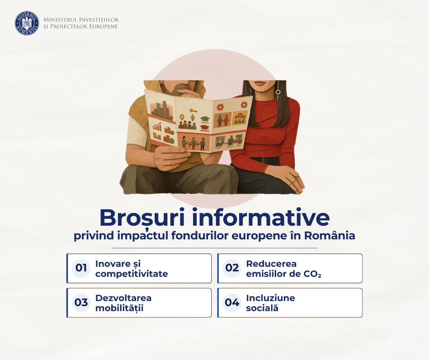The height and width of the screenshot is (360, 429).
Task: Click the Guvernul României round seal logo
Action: coord(27,23)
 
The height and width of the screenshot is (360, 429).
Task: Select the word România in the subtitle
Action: coord(330,235)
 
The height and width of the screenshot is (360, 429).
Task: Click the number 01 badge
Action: coord(81,268)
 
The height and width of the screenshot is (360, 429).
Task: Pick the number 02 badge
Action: coord(232,268)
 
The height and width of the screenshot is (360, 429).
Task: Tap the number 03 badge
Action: coord(81,302)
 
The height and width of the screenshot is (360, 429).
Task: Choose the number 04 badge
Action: coord(232,302)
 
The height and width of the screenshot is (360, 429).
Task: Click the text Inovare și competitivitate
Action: coord(131,269)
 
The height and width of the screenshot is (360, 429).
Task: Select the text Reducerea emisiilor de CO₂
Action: coord(283,269)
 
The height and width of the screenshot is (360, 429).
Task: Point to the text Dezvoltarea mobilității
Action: coord(123,303)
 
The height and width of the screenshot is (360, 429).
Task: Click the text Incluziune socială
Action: coord(270,303)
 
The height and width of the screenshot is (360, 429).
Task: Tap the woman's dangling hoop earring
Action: coord(278,90)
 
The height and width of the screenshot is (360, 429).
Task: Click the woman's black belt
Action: coord(266,160)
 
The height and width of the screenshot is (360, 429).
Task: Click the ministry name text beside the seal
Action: coord(81,23)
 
